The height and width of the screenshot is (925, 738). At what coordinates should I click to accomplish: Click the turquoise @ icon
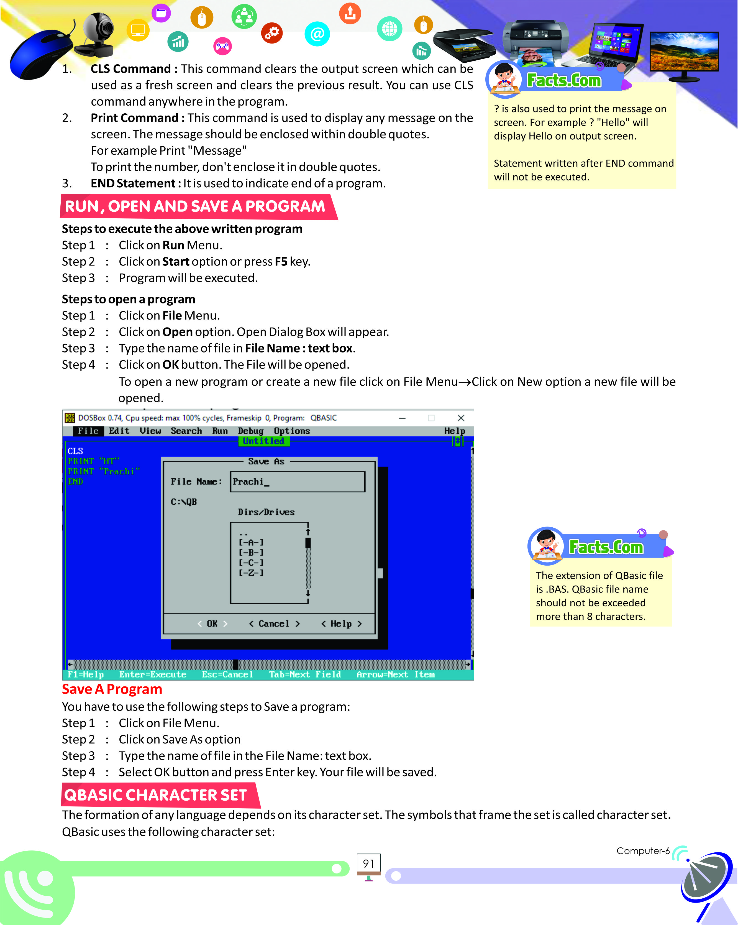[317, 34]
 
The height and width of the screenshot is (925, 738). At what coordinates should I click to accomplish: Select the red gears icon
[272, 33]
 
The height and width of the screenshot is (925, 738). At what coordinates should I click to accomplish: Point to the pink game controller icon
[222, 46]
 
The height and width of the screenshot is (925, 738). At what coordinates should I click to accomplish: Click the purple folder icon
[161, 13]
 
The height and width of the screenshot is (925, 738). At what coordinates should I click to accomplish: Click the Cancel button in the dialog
[274, 624]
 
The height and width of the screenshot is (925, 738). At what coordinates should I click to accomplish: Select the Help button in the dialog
[341, 624]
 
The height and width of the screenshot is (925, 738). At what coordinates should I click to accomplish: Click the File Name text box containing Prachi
[297, 481]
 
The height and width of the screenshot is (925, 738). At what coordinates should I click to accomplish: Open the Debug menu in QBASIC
[250, 431]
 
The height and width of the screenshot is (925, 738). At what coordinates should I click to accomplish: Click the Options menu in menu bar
[292, 431]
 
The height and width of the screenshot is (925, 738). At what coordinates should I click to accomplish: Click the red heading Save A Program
[112, 689]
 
